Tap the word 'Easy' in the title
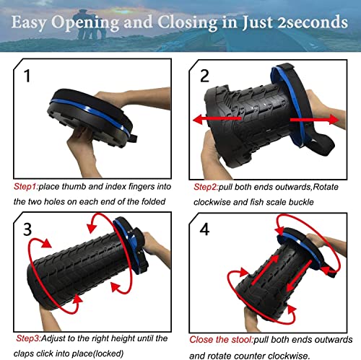pos(36,22)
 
